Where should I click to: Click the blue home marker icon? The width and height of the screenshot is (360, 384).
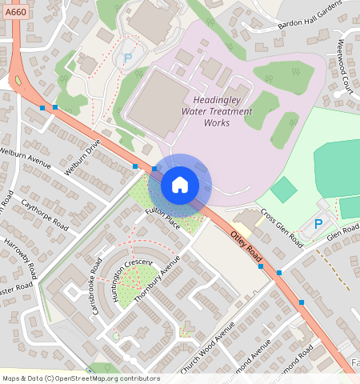(x=180, y=185)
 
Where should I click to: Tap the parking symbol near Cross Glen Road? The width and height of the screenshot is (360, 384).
(x=318, y=225)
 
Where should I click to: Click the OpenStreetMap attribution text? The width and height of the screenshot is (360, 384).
(x=81, y=378)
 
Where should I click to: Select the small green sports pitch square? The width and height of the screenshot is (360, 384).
(x=282, y=190)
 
